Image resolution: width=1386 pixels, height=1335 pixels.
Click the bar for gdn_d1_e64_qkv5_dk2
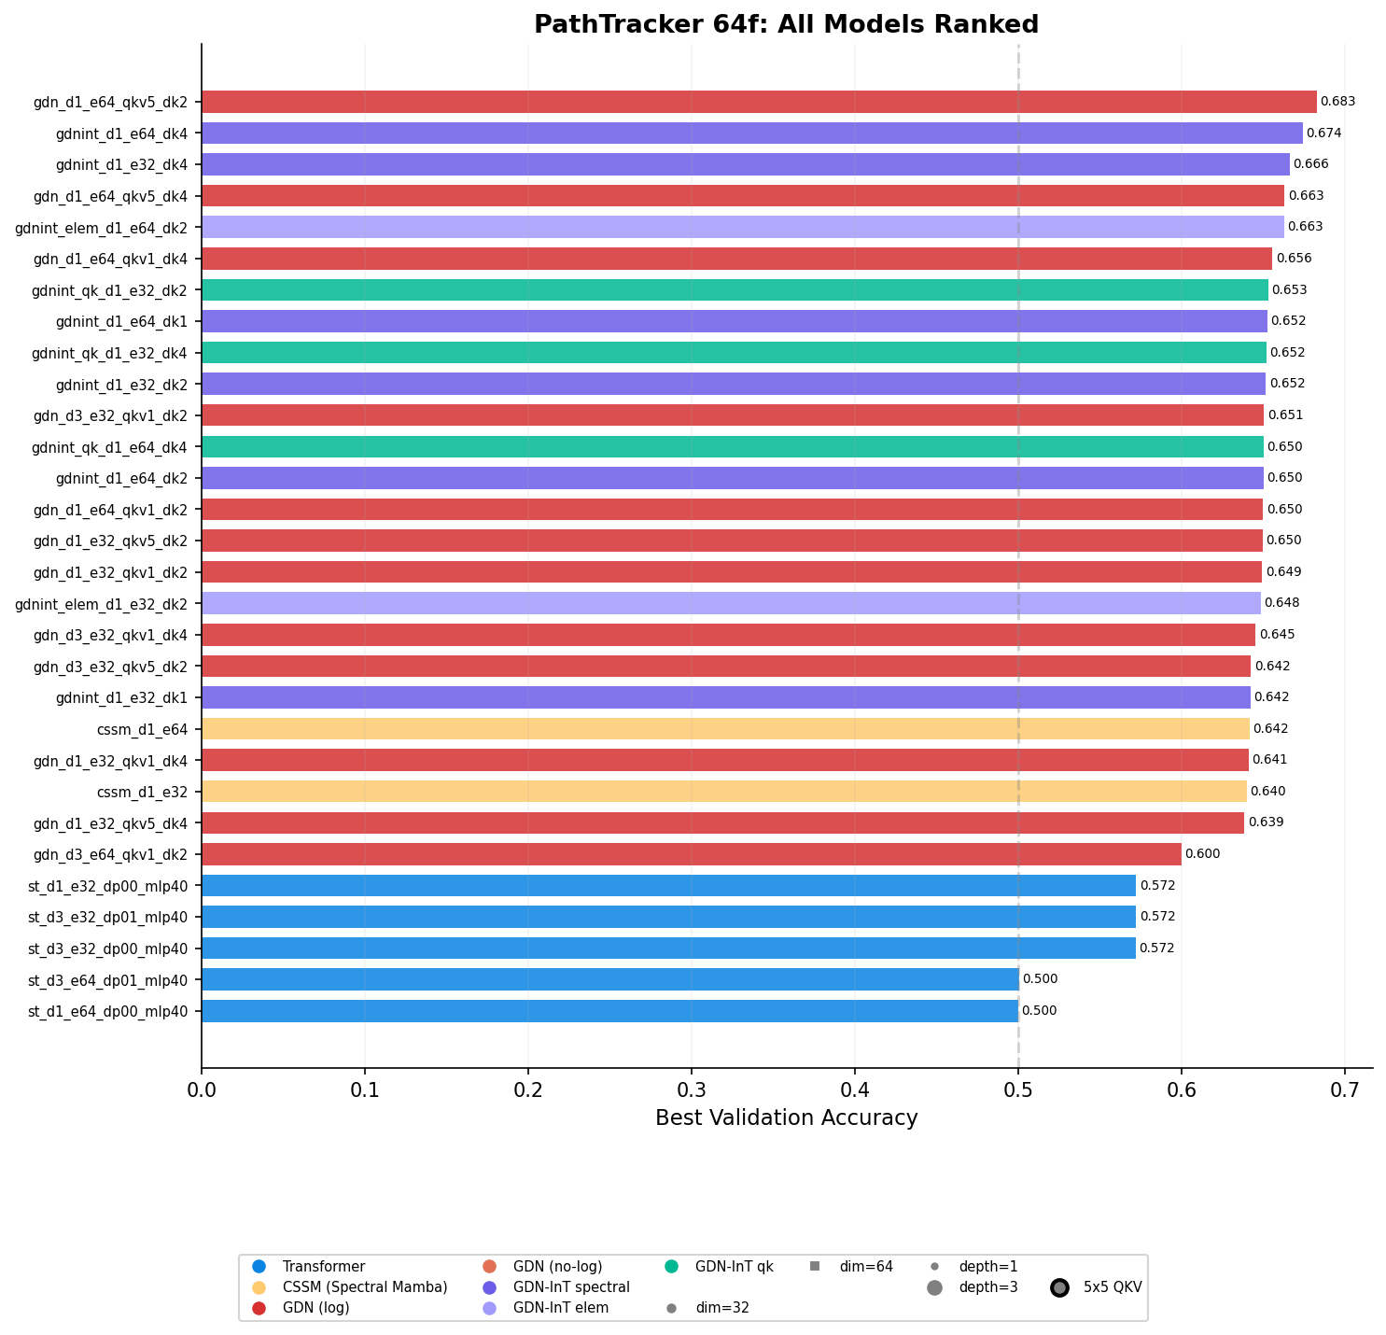click(x=758, y=102)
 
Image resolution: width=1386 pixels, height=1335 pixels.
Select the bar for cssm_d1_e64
click(x=725, y=728)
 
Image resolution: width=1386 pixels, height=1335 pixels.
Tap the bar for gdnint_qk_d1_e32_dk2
click(x=735, y=289)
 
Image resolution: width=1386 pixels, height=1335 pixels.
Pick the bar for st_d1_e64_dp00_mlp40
click(x=609, y=1011)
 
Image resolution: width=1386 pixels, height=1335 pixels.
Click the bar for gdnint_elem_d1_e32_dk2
click(x=731, y=603)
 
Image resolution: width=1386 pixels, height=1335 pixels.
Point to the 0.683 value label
click(x=1337, y=102)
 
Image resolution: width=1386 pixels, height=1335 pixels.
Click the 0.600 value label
click(x=1202, y=854)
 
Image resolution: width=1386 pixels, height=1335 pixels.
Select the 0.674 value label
click(x=1323, y=133)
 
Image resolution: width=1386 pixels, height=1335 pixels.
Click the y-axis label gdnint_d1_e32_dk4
click(x=121, y=165)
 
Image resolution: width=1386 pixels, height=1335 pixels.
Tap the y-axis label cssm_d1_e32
click(x=142, y=792)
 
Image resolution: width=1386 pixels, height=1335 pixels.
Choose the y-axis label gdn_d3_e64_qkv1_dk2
click(x=110, y=854)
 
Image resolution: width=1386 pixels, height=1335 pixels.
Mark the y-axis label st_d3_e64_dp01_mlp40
click(x=107, y=980)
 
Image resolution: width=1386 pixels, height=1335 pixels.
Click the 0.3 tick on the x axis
click(x=692, y=1089)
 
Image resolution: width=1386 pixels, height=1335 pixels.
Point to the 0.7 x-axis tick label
click(x=1344, y=1089)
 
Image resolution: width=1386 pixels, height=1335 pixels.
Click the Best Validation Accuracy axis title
click(x=786, y=1118)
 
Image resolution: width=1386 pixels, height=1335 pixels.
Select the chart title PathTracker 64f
click(x=786, y=25)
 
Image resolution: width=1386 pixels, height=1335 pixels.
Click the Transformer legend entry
click(x=323, y=1267)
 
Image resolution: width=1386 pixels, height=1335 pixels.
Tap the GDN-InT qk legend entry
click(x=734, y=1267)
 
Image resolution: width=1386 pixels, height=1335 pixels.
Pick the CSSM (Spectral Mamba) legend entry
click(x=364, y=1287)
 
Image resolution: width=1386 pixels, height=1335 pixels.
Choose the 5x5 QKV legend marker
click(x=1059, y=1287)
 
